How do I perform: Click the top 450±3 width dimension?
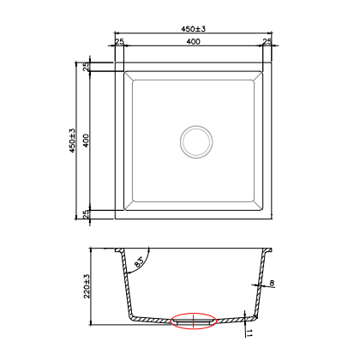194,29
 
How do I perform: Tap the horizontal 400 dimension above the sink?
194,42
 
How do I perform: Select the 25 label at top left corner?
119,42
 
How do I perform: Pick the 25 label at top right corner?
267,42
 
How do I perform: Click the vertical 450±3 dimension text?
73,141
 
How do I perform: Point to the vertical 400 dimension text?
86,141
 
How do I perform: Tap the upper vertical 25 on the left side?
86,67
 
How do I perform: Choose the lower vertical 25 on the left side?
86,214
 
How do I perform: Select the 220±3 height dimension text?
87,286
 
